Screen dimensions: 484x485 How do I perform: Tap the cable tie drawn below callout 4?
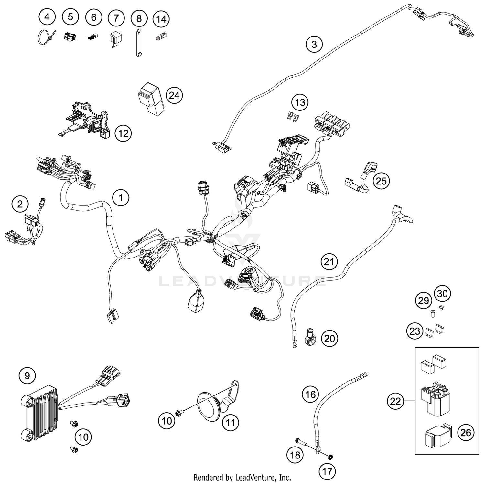(46, 37)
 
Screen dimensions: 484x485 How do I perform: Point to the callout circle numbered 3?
(314, 44)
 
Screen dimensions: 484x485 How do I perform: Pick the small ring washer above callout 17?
(330, 457)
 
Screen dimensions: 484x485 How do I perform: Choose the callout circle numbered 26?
(466, 432)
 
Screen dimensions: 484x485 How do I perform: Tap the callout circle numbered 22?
(395, 401)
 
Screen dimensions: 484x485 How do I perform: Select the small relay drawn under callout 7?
(115, 39)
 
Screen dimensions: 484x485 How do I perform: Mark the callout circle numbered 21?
(329, 261)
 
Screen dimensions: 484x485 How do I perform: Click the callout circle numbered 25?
(381, 181)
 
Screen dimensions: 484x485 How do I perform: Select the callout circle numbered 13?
(300, 102)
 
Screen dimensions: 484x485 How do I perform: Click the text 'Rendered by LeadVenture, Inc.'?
(242, 477)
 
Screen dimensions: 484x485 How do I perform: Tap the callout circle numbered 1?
(121, 197)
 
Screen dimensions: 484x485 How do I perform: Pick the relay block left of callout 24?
(151, 99)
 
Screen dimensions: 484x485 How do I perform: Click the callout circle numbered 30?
(442, 293)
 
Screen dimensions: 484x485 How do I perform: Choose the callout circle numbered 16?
(310, 394)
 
